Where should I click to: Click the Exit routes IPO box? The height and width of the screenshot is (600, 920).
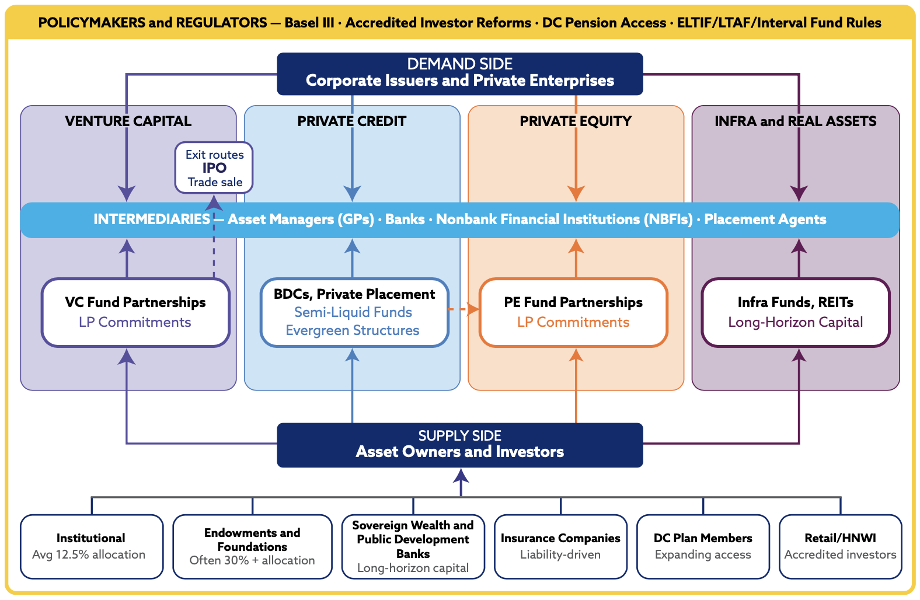point(214,168)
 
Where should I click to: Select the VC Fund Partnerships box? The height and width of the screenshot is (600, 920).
point(135,312)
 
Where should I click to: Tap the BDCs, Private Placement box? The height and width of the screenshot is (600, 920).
point(354,312)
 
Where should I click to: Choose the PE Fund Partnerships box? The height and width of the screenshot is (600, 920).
point(573,312)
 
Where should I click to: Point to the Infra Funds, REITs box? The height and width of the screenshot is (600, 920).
point(796,312)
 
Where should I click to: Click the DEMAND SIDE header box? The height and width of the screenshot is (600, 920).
point(460,74)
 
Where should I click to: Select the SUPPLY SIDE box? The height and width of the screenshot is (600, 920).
point(460,445)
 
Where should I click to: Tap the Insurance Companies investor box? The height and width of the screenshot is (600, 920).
point(560,547)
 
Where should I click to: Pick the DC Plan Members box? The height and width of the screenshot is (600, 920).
point(703,547)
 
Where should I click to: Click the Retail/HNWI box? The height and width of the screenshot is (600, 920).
point(841,547)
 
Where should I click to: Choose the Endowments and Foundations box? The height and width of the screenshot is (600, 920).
point(252,547)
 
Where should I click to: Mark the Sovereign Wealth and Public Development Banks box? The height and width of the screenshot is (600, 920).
point(413,547)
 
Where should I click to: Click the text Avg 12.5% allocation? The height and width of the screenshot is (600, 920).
point(89,554)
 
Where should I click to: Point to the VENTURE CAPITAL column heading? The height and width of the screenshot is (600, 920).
point(128,121)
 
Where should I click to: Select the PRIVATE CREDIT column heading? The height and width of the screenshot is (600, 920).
point(352,121)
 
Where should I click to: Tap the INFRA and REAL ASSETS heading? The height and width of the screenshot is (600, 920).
point(796,121)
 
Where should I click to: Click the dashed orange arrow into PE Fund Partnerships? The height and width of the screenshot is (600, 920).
point(464,309)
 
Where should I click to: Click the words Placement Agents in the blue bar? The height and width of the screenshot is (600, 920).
point(765,219)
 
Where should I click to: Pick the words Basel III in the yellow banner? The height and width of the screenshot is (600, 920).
point(309,23)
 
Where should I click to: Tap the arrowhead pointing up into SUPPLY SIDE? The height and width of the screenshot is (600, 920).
point(461,476)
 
